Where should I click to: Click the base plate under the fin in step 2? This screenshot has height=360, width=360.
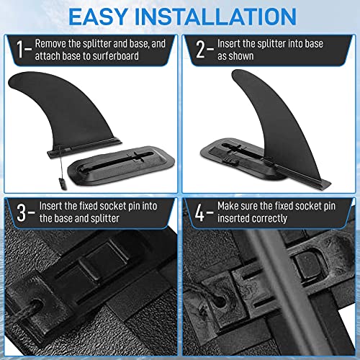click(245, 144)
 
